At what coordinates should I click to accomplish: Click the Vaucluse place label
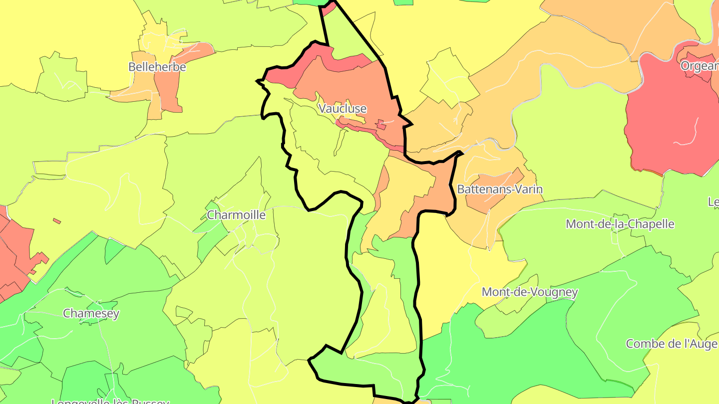coord(343,108)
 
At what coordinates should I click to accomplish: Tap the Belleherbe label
coord(157,67)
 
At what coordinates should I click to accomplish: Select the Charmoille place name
coord(236,215)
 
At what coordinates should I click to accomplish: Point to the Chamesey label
coord(91,313)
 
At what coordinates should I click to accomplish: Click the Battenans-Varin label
coord(500,190)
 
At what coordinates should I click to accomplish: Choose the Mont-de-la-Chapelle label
coord(620,224)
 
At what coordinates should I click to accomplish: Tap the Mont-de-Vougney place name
coord(529,292)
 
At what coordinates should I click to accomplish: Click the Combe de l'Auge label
coord(672,344)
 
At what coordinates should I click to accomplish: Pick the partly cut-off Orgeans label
coord(699,66)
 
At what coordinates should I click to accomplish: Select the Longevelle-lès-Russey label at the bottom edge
coord(111,401)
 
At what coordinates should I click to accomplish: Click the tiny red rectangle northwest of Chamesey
coord(57,220)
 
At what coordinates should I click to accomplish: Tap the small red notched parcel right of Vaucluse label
coord(381,124)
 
